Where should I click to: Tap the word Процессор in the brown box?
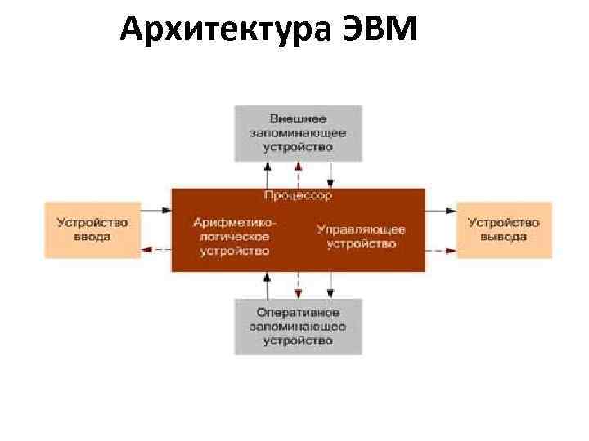(298, 196)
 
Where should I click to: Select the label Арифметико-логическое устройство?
(235, 236)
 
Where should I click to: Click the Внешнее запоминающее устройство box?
(298, 132)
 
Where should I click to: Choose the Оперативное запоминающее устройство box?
(298, 326)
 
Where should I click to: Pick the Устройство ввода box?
(92, 229)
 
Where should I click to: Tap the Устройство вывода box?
(504, 229)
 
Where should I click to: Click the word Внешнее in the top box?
(298, 118)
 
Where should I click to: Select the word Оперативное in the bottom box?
(298, 312)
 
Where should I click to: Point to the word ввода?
(92, 237)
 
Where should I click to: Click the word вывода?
(504, 237)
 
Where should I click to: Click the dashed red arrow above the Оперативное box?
(299, 285)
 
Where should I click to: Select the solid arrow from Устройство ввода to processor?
(155, 211)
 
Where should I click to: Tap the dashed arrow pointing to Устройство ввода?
(155, 248)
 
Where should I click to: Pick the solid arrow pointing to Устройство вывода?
(441, 211)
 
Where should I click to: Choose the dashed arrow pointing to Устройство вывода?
(441, 248)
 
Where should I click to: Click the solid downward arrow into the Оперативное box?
(330, 285)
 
